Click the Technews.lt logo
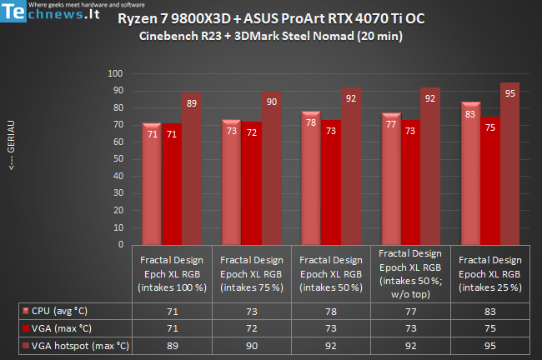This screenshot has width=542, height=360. click(x=53, y=15)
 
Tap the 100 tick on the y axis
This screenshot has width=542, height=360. click(x=116, y=74)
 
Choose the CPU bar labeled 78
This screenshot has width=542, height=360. click(x=311, y=179)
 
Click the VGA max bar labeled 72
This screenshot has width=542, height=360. click(x=251, y=184)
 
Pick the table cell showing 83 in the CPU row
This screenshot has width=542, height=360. click(x=489, y=311)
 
